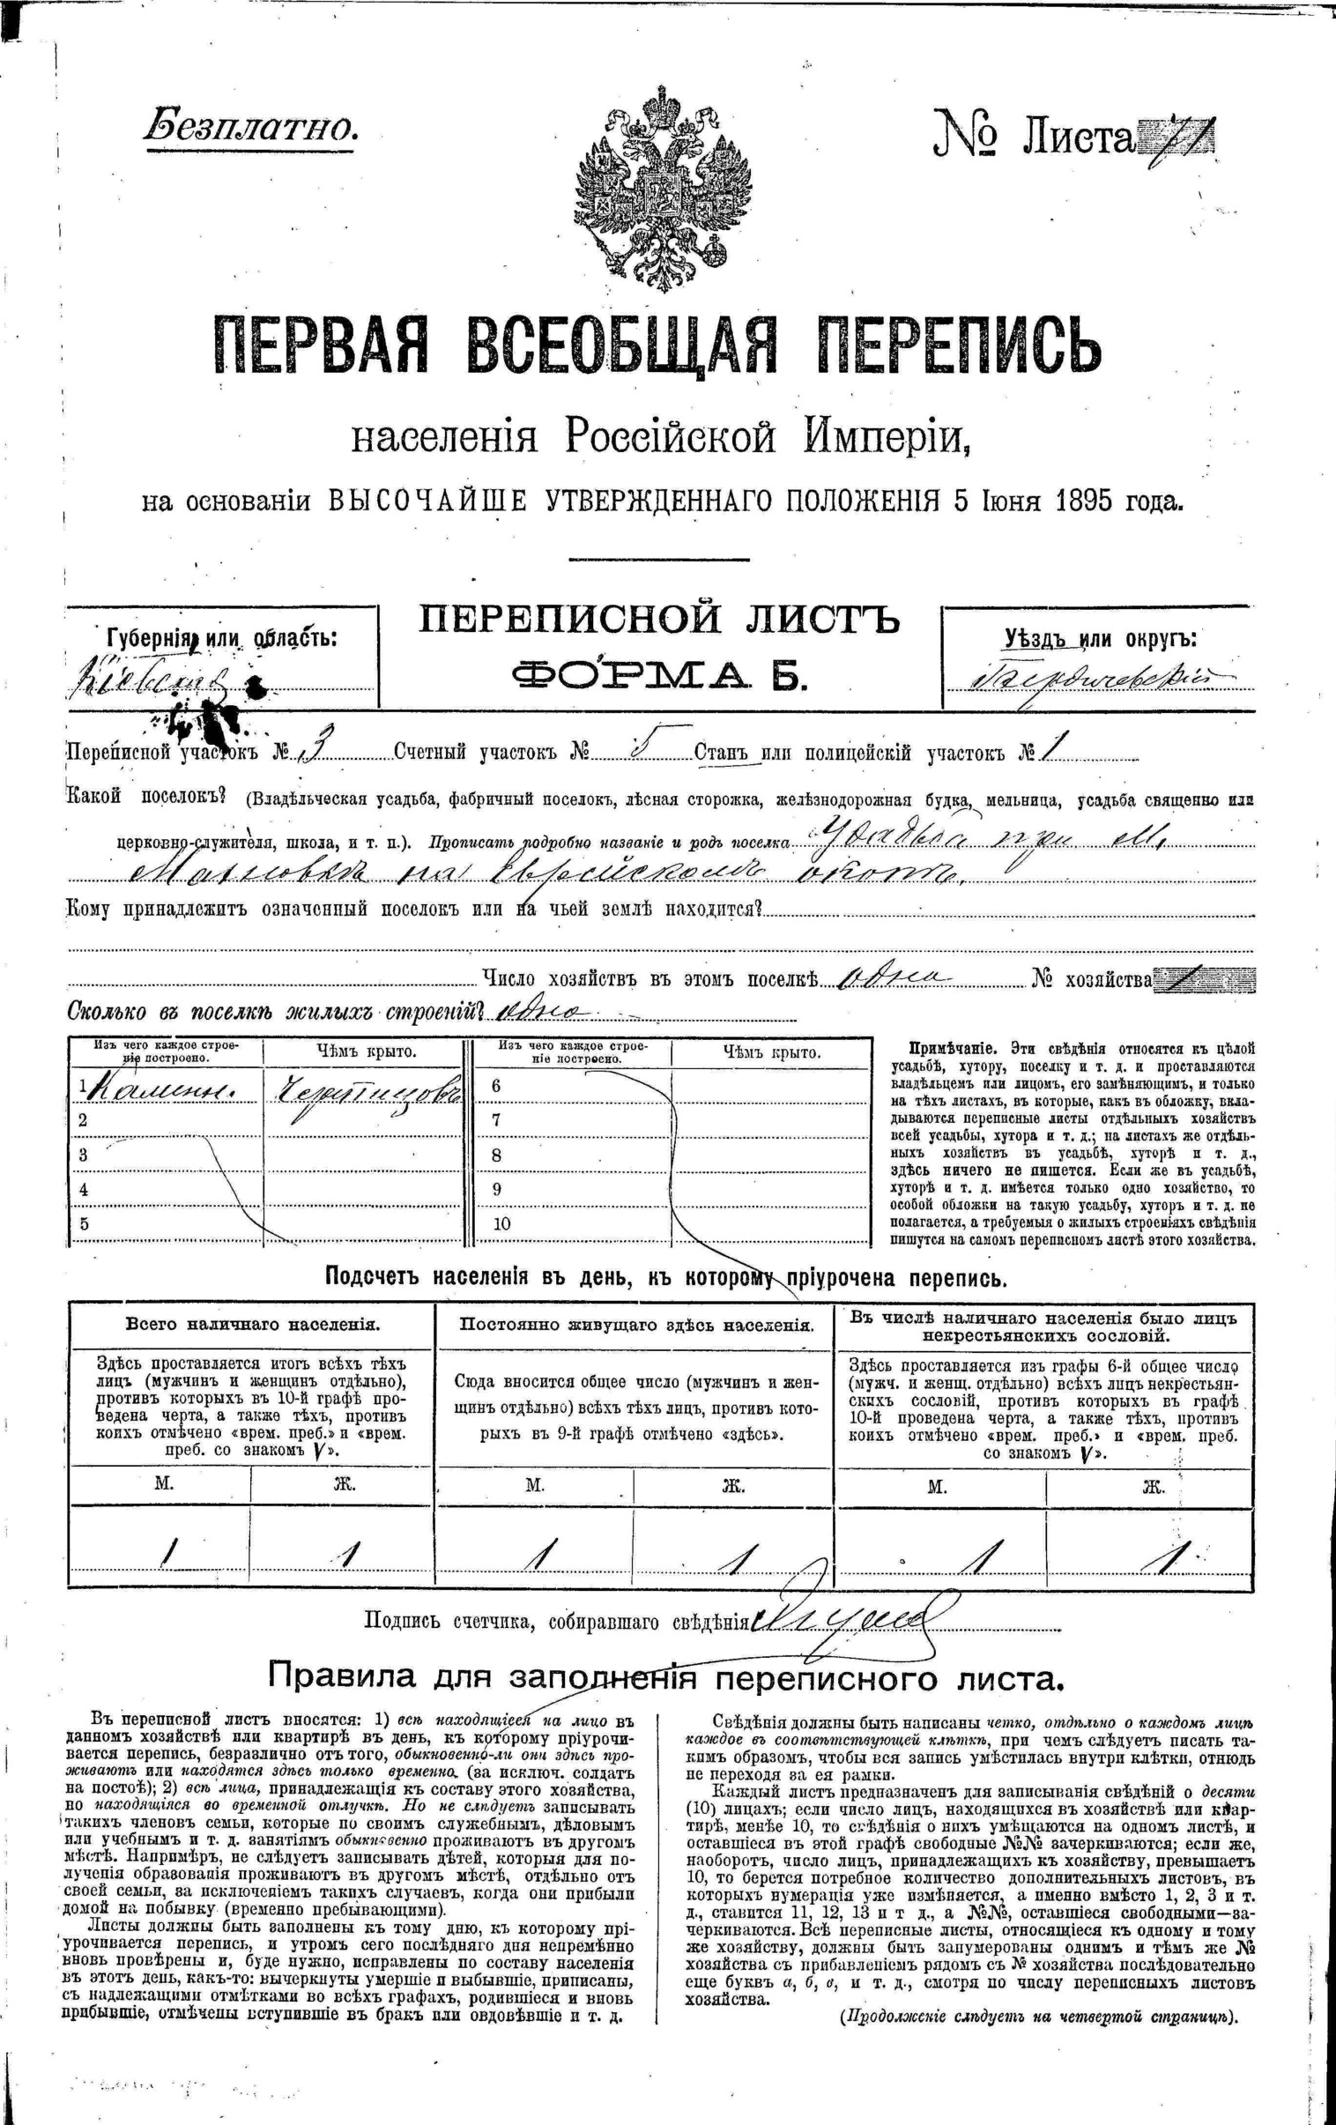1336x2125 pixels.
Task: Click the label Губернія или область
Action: click(220, 637)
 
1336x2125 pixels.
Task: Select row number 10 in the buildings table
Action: click(502, 1224)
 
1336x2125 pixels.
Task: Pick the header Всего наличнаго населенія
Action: click(252, 1325)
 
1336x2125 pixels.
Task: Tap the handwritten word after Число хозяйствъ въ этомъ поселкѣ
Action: click(893, 978)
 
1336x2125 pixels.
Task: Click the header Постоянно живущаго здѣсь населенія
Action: click(635, 1325)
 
